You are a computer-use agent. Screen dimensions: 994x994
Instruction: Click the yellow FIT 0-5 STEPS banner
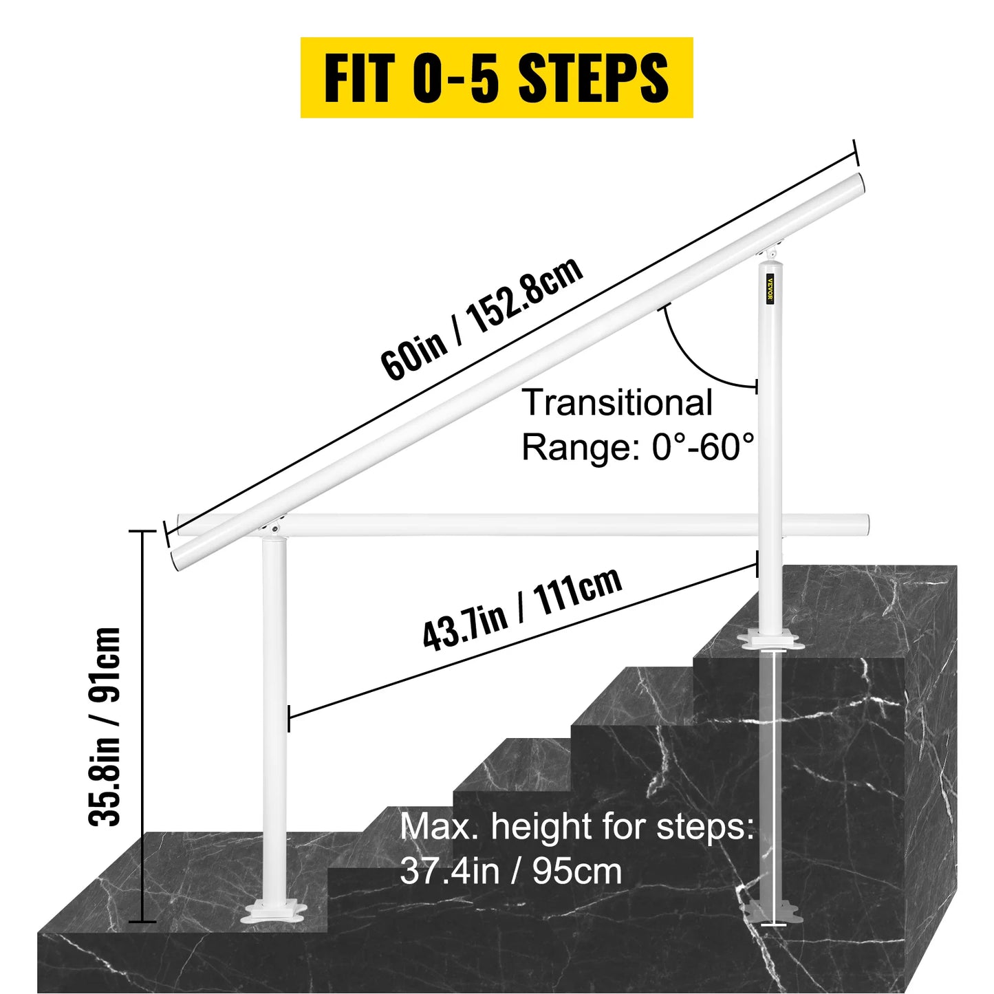(x=496, y=78)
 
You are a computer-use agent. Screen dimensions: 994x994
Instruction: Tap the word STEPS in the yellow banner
(x=593, y=78)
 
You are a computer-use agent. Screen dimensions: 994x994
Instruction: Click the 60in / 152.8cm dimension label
(x=482, y=318)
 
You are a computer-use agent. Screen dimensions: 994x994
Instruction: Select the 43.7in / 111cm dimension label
(x=522, y=609)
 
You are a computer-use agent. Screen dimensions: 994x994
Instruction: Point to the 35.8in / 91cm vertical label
(x=105, y=726)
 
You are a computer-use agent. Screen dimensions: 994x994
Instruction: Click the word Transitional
(x=617, y=402)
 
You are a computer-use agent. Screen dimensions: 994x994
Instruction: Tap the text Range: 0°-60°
(x=638, y=447)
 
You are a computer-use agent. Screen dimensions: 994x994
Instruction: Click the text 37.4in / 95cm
(x=511, y=871)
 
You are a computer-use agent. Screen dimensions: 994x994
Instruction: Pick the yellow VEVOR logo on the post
(x=770, y=288)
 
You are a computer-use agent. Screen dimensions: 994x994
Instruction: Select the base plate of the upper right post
(x=772, y=641)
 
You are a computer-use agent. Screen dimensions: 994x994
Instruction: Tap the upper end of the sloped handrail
(x=855, y=186)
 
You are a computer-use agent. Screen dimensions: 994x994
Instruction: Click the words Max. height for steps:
(x=577, y=826)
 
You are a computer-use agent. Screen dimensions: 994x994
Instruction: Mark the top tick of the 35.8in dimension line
(x=142, y=532)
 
